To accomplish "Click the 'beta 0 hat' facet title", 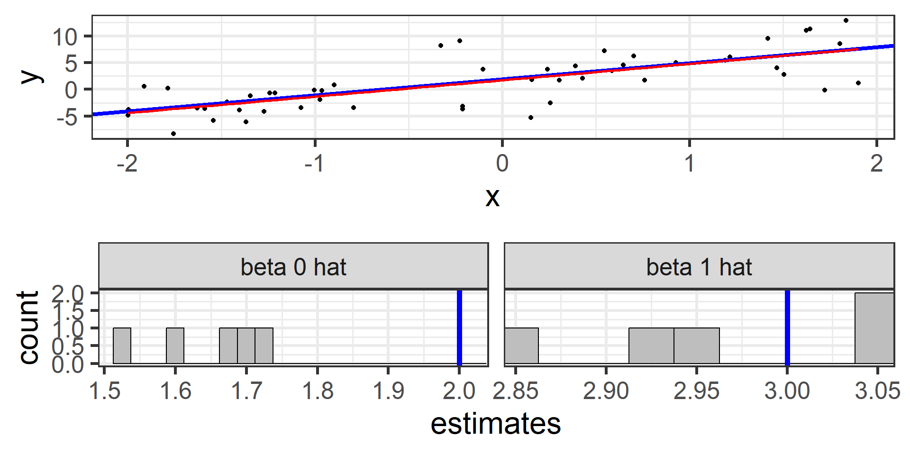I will point(293,267).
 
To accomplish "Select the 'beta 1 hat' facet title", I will point(699,267).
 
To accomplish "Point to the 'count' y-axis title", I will point(28,328).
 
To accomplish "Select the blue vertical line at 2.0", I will point(459,328).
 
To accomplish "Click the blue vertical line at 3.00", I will point(787,328).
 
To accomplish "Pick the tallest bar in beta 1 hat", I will point(874,328).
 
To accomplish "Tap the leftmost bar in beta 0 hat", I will point(122,346).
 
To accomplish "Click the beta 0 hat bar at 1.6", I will point(175,346).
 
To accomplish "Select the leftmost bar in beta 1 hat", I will point(521,346).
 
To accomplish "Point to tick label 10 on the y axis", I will point(65,37).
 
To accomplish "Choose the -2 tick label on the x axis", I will point(127,164).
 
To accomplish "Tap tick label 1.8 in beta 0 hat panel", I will point(317,391).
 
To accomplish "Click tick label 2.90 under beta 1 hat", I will point(606,391).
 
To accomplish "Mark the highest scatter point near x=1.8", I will point(846,20).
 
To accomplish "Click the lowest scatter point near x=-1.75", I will point(173,134).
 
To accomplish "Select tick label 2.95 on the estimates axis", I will point(696,391).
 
